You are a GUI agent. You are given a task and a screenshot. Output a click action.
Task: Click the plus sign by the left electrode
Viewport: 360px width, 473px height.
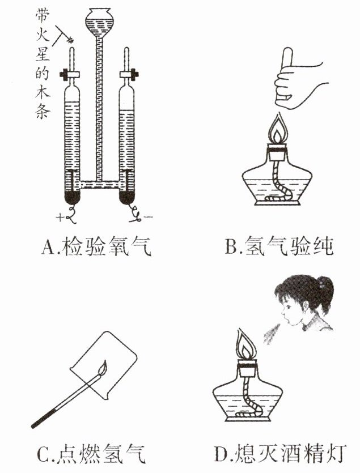point(60,216)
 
